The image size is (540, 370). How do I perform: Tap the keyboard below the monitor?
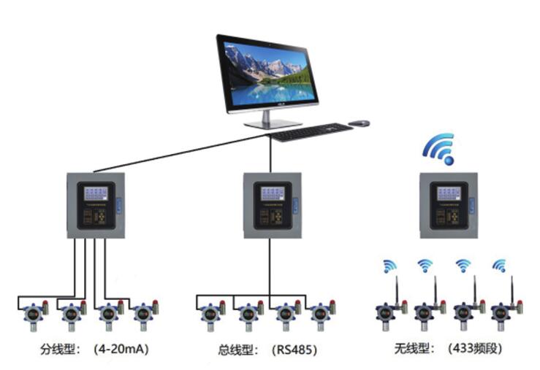pyautogui.click(x=311, y=132)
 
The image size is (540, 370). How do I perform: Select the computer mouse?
pyautogui.click(x=359, y=123)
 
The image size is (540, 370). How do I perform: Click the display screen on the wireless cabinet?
pyautogui.click(x=447, y=193)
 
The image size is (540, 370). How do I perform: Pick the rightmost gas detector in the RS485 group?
pyautogui.click(x=319, y=314)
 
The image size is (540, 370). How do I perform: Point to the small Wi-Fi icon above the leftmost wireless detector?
pyautogui.click(x=387, y=266)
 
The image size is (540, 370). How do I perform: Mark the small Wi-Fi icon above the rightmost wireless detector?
pyautogui.click(x=500, y=266)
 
